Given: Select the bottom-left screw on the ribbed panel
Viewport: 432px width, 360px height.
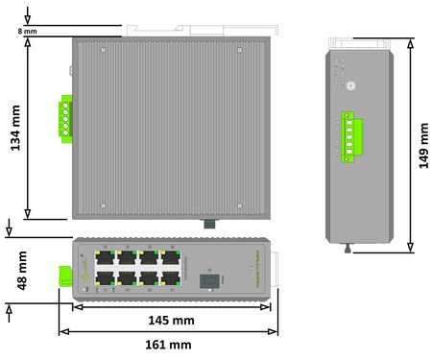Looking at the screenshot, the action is coord(106,205).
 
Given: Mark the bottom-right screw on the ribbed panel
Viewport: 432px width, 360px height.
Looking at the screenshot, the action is coord(239,205).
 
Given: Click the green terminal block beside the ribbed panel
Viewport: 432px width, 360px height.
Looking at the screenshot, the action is coord(66,119).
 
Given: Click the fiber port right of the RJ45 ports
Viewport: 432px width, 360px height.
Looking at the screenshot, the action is coord(205,281).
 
